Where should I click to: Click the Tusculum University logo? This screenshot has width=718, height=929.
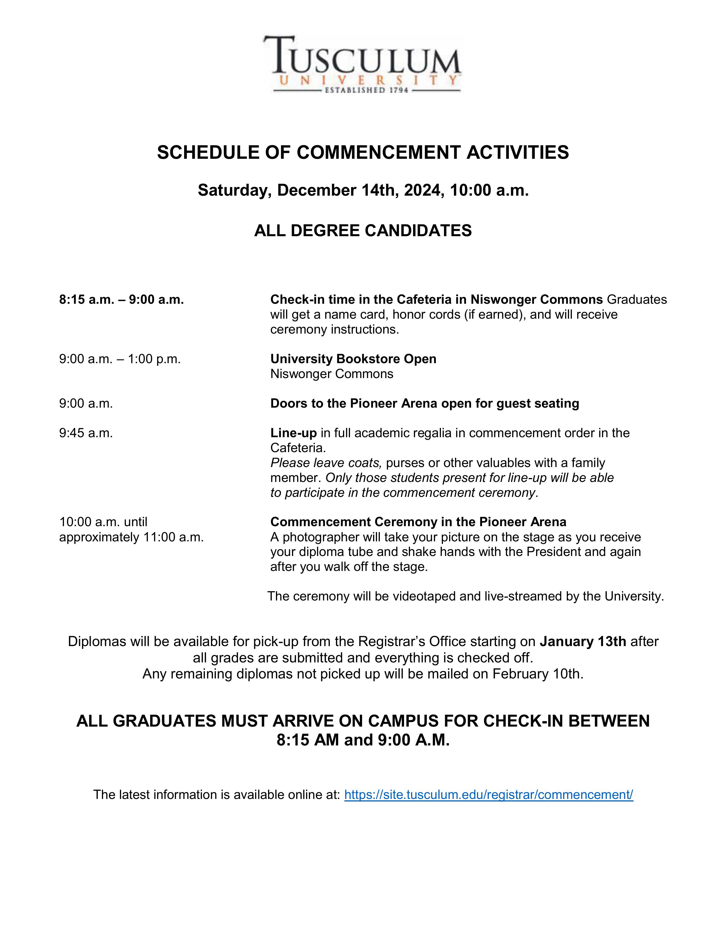[x=362, y=64]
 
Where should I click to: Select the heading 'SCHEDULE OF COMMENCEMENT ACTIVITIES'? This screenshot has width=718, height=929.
[x=363, y=152]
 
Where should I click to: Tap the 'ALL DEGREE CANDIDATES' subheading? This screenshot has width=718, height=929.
[x=363, y=231]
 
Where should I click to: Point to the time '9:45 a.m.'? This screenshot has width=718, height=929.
[x=86, y=433]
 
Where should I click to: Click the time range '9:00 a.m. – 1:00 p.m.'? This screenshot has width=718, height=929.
[x=120, y=359]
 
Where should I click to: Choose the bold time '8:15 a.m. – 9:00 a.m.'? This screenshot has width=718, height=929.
[x=122, y=300]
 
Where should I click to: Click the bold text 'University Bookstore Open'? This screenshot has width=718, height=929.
[x=353, y=359]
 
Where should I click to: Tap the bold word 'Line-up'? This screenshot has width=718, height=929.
[x=293, y=433]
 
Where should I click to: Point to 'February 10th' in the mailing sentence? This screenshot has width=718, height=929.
[x=538, y=674]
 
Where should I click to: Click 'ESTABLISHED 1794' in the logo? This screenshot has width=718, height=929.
[x=366, y=90]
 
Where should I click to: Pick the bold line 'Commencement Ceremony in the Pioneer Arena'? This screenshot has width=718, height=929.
[x=418, y=522]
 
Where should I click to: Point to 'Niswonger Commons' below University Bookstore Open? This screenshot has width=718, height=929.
[x=332, y=374]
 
